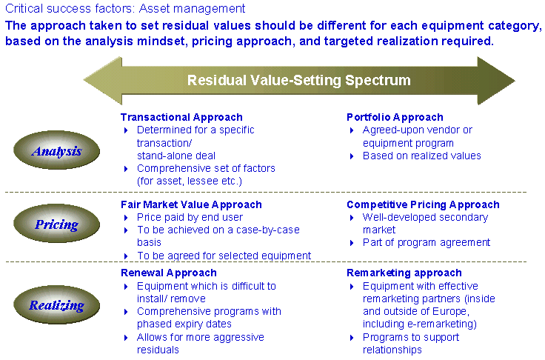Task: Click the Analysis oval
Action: pyautogui.click(x=56, y=150)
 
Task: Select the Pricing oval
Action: pyautogui.click(x=56, y=224)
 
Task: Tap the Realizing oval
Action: pyautogui.click(x=56, y=304)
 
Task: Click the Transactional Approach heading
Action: pyautogui.click(x=181, y=117)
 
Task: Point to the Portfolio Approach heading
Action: pyautogui.click(x=395, y=117)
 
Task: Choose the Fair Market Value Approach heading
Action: pyautogui.click(x=191, y=204)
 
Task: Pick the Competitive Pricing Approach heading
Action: pyautogui.click(x=423, y=204)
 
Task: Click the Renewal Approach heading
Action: pyautogui.click(x=169, y=273)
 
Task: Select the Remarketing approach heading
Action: pyautogui.click(x=404, y=273)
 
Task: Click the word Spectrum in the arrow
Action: pyautogui.click(x=377, y=80)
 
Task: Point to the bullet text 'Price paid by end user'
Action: pyautogui.click(x=190, y=217)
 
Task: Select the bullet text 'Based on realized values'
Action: pyautogui.click(x=421, y=156)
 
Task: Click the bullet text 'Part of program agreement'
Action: pyautogui.click(x=426, y=242)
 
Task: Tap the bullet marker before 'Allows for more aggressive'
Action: pyautogui.click(x=126, y=338)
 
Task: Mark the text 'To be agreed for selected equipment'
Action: pyautogui.click(x=224, y=256)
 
